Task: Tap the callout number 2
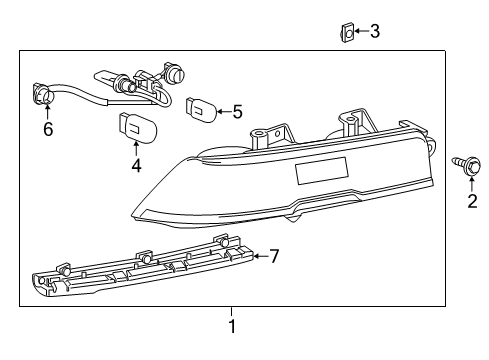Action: (471, 204)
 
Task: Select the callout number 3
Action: (374, 32)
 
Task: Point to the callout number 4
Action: (136, 166)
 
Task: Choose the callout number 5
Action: (237, 112)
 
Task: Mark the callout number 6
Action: (47, 130)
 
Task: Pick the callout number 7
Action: (273, 256)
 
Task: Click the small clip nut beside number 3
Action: (345, 33)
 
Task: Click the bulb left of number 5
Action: (199, 105)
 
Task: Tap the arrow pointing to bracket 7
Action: (259, 256)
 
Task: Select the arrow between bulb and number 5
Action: (221, 112)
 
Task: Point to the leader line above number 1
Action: (231, 312)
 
